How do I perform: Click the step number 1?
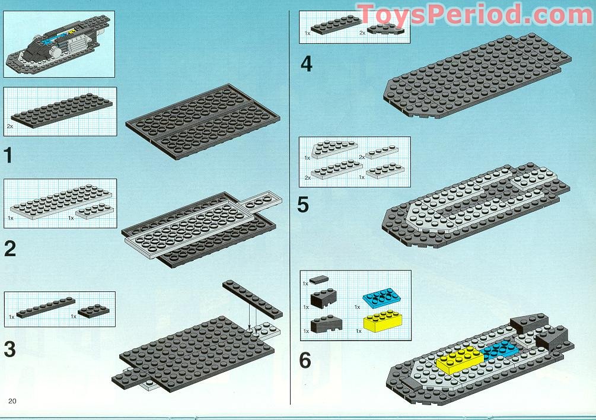(x=8, y=155)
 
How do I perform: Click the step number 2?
(x=9, y=248)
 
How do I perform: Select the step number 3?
(x=9, y=349)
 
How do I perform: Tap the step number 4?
(x=306, y=63)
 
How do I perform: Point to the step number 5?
(x=304, y=205)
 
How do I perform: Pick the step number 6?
(x=305, y=359)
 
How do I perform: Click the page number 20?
(x=12, y=402)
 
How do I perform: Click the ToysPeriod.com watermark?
(x=474, y=13)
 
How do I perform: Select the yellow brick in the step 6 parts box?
(x=381, y=321)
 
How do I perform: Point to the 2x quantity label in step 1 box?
(x=10, y=126)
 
